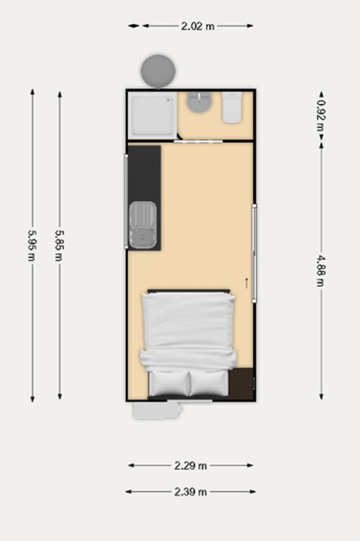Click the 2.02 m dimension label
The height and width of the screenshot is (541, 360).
tap(198, 26)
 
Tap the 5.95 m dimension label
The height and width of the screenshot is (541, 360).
tap(32, 245)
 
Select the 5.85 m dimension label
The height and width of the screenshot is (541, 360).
tap(59, 245)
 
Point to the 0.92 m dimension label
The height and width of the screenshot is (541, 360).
tap(321, 115)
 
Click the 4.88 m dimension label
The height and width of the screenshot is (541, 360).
tap(321, 271)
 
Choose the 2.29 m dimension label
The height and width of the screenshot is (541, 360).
tap(190, 466)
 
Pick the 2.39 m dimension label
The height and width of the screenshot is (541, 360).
tap(190, 492)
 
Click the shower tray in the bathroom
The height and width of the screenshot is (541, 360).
tap(152, 115)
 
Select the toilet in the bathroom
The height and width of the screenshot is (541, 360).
tap(232, 107)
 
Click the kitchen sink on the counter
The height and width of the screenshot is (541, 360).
tap(142, 226)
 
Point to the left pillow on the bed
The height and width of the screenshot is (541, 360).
tap(169, 384)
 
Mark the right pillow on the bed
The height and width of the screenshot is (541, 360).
tap(209, 384)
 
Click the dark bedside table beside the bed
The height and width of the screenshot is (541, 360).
tap(241, 384)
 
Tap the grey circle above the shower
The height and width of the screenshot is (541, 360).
tap(158, 71)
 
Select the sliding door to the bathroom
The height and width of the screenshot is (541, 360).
tap(198, 141)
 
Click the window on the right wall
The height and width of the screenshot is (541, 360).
tap(254, 253)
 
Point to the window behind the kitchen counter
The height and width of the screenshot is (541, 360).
tap(126, 202)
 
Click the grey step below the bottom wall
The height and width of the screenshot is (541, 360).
tap(157, 412)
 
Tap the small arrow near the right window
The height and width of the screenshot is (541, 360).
tap(246, 283)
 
